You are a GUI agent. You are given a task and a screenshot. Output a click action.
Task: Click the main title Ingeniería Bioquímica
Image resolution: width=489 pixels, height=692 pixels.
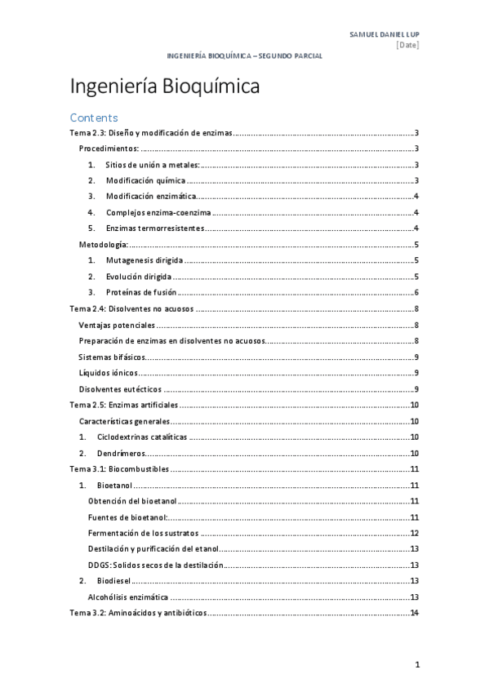click(165, 86)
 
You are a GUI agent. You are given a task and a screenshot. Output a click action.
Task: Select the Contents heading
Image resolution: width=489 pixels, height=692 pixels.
click(94, 118)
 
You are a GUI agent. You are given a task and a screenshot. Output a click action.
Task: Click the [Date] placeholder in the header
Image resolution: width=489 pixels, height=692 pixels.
click(407, 45)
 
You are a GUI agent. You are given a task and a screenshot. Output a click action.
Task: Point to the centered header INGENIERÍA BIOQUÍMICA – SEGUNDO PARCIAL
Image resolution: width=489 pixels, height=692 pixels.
click(244, 56)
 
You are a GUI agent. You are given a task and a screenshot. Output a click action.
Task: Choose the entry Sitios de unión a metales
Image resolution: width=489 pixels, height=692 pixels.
click(153, 165)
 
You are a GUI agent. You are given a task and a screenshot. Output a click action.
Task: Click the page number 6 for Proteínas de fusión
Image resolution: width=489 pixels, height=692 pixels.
click(416, 292)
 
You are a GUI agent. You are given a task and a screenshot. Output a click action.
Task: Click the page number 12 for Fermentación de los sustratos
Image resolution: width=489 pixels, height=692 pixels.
click(415, 533)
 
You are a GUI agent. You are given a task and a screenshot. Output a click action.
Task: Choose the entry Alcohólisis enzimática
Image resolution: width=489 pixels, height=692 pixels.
click(129, 597)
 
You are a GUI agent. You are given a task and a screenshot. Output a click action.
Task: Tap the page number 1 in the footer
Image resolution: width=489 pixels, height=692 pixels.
click(416, 665)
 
